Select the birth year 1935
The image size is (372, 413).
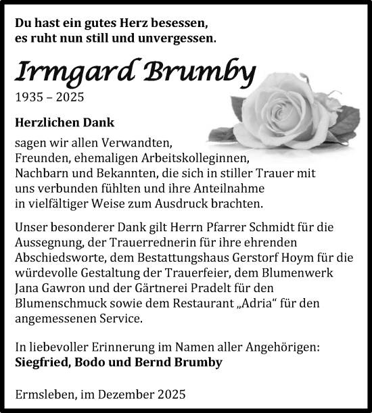coord(30,97)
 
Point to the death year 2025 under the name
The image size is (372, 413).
coord(70,97)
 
